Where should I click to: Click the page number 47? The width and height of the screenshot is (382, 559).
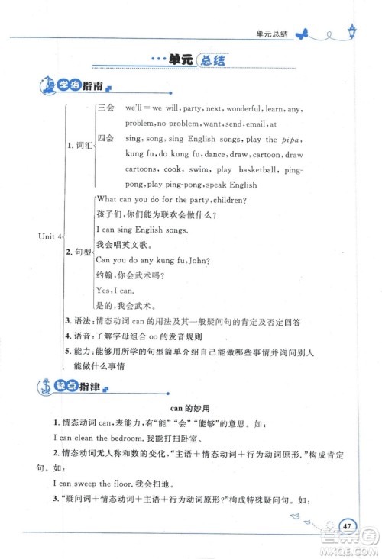347,525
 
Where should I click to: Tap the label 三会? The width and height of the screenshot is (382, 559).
105,109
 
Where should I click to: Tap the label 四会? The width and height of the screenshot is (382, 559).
105,140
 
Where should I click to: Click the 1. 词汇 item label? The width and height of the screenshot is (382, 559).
78,144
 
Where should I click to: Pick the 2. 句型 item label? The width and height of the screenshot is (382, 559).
78,251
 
